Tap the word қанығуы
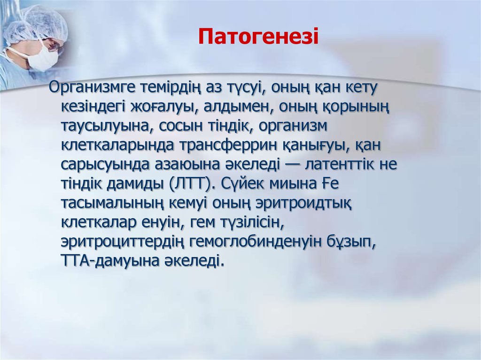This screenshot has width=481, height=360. (326, 146)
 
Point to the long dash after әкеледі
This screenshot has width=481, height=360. (293, 165)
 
